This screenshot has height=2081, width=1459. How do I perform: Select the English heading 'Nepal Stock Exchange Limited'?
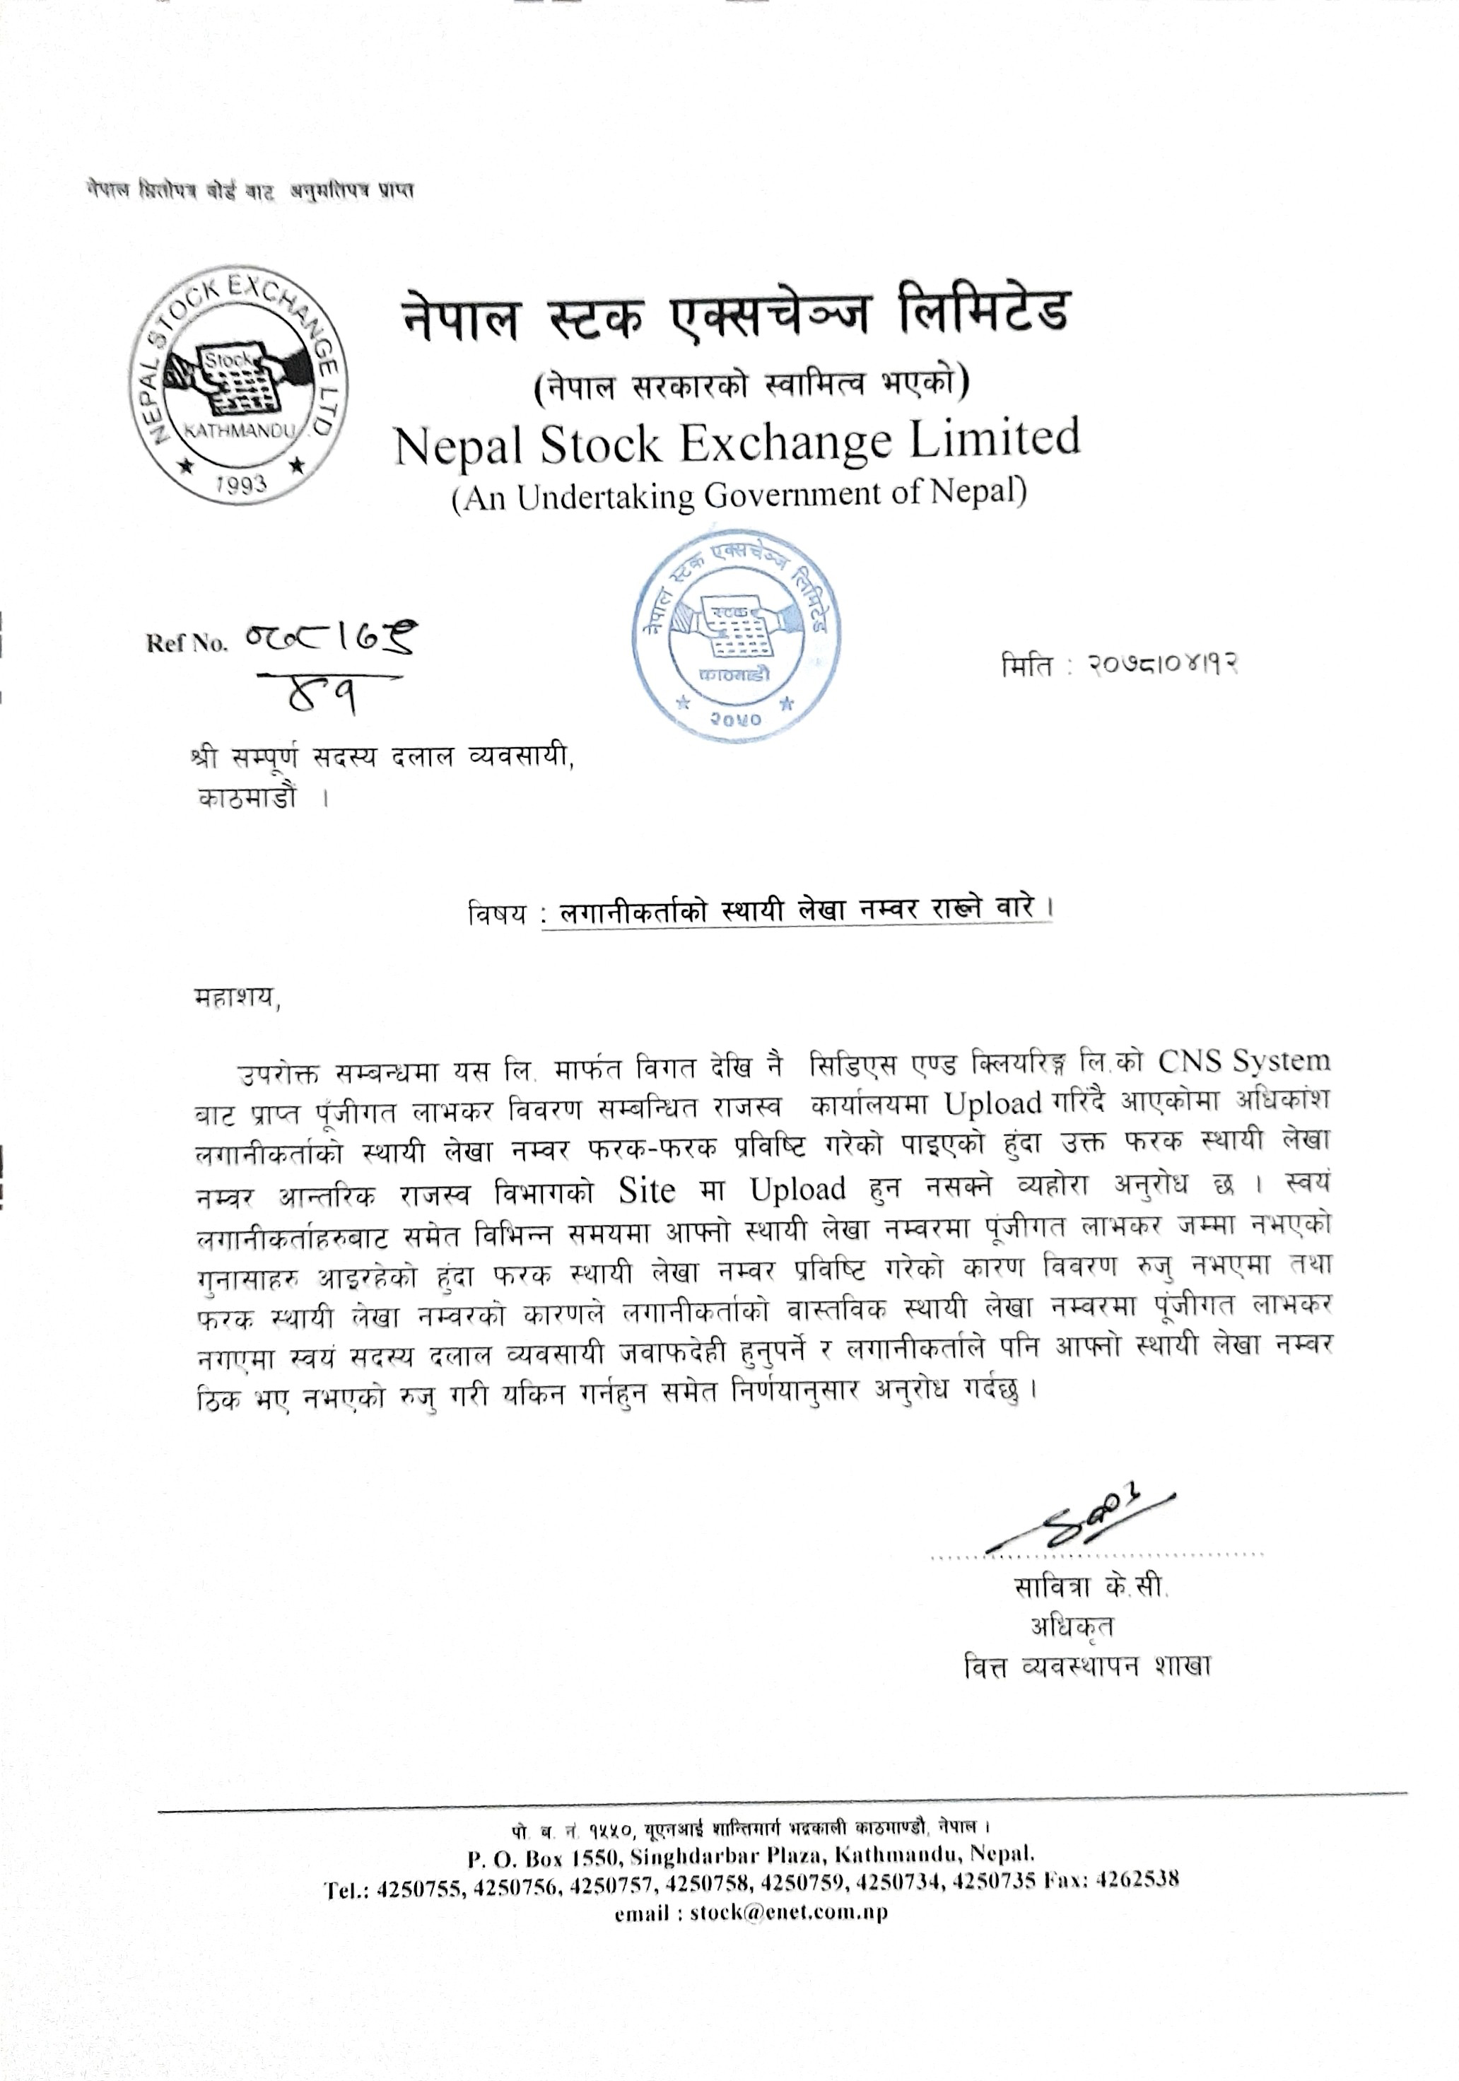point(737,441)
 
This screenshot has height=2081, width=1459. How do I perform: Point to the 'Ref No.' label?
point(187,643)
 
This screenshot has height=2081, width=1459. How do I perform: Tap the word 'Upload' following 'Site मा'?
point(797,1189)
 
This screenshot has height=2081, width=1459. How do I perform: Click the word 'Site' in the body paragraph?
point(646,1189)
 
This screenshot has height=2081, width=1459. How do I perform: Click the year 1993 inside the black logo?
point(242,483)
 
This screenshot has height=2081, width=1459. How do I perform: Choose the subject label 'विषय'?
point(497,913)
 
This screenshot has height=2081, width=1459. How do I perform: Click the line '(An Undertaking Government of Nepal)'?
point(739,495)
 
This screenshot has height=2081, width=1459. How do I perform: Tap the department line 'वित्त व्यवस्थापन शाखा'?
point(1087,1666)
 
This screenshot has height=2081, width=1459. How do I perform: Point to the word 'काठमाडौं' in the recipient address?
point(247,800)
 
